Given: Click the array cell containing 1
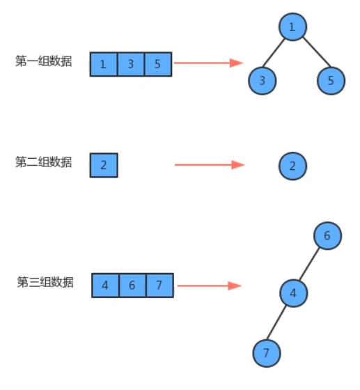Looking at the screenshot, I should (x=104, y=64).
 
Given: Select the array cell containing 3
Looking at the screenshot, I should (x=131, y=64).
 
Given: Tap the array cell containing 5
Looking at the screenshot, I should (x=158, y=64).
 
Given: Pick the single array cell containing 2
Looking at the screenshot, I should (x=104, y=166).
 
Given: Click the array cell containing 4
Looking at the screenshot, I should (x=105, y=285).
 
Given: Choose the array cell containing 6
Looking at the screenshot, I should (x=132, y=285).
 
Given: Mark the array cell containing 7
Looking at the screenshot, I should (x=159, y=285).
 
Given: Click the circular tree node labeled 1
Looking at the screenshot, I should (x=292, y=27).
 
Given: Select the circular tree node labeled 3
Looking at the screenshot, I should (x=262, y=80).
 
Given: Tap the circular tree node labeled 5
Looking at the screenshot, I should (x=331, y=80).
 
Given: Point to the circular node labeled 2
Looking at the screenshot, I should (x=292, y=166).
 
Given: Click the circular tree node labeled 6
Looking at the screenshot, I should (x=327, y=236).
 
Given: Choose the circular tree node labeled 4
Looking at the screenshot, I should (x=293, y=292).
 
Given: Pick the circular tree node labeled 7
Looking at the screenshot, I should (x=266, y=352).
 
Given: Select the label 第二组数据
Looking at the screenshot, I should (x=43, y=162).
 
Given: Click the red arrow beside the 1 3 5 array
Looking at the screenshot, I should (x=208, y=63).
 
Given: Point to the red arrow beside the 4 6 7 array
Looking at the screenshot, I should (x=208, y=286).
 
